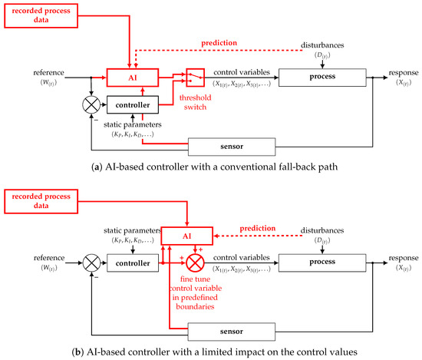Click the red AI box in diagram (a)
pos(132,77)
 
